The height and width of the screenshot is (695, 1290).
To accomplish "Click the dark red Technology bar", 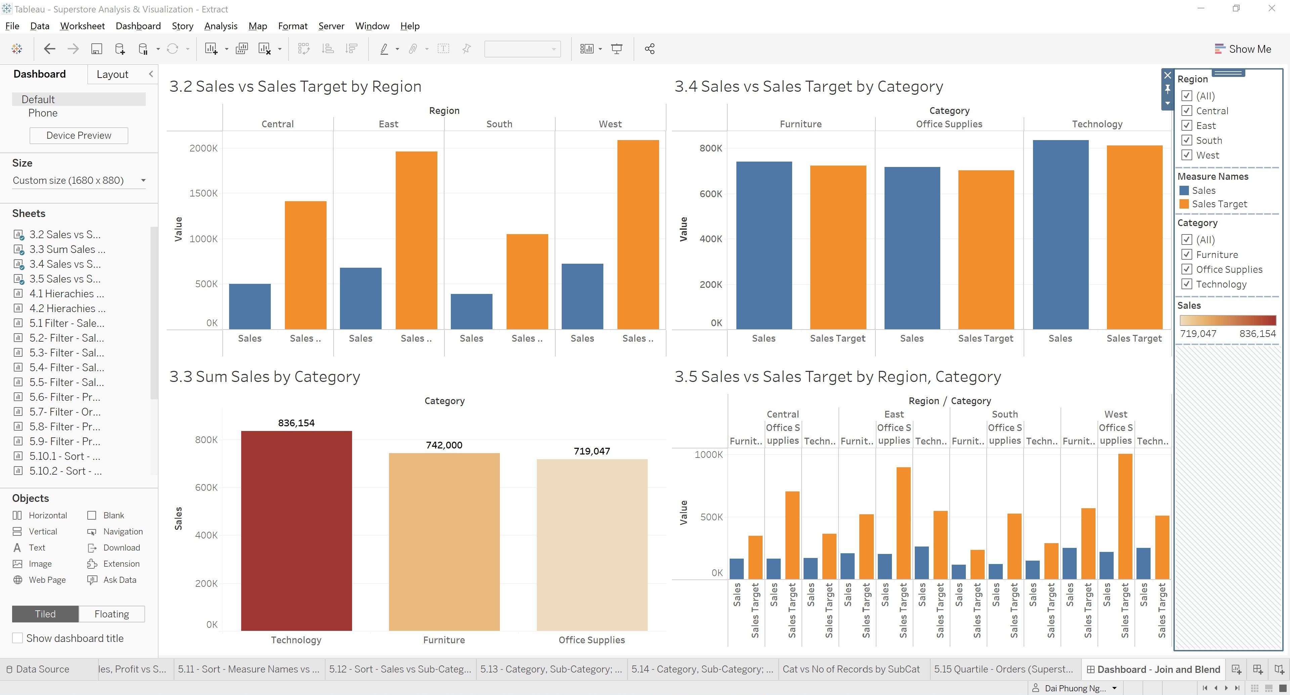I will coord(296,531).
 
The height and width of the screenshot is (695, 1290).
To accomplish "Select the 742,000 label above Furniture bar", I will coord(444,445).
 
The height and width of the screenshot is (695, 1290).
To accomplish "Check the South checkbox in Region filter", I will coord(1186,140).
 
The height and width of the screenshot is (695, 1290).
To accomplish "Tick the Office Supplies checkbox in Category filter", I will coord(1186,269).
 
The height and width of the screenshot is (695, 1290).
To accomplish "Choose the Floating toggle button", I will coord(112,614).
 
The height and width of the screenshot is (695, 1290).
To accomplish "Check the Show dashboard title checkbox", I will coord(17,638).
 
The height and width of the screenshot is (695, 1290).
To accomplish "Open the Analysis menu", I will coord(220,26).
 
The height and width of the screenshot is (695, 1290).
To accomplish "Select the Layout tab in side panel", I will coord(112,74).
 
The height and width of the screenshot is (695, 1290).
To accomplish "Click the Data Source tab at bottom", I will coord(42,669).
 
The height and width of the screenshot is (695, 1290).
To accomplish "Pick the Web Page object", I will coord(47,580).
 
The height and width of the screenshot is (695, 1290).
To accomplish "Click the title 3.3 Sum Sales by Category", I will coord(264,377).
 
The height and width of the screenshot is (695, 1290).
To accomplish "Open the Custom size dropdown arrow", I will coord(143,180).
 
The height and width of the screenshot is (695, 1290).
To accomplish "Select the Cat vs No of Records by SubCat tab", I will coord(851,669).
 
